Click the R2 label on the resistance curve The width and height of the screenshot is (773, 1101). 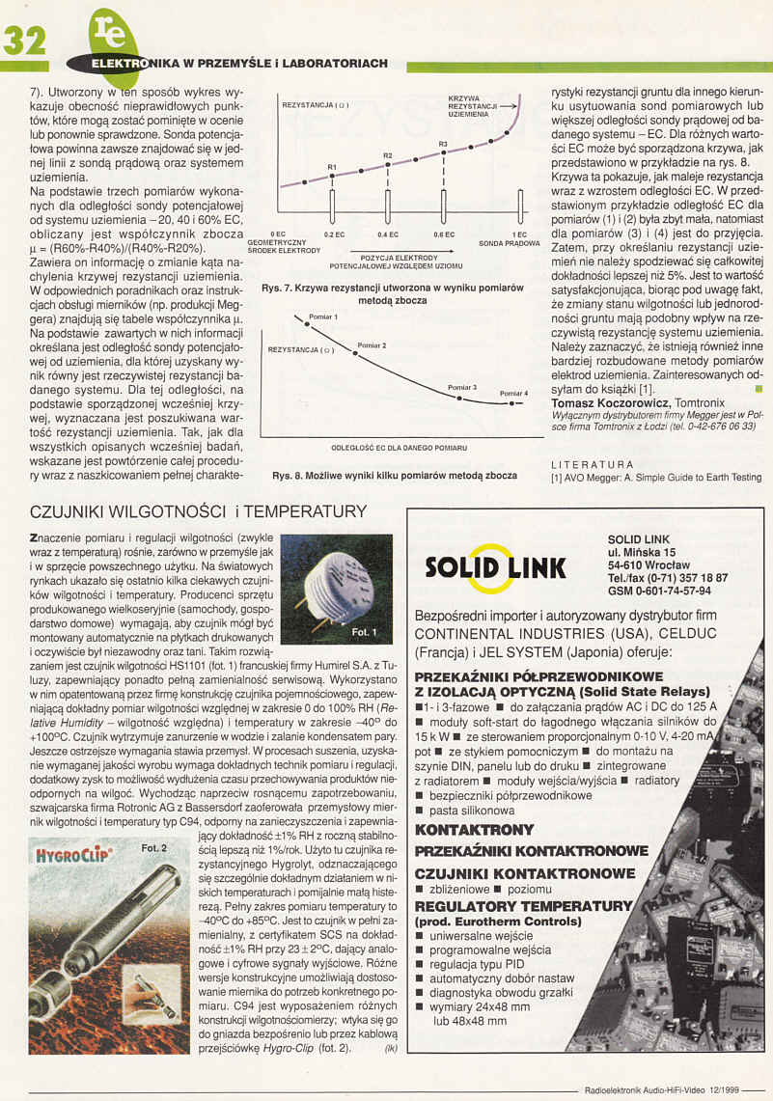click(388, 155)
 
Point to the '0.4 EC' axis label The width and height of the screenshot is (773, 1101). click(388, 234)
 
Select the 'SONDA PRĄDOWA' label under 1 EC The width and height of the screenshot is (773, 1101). click(509, 244)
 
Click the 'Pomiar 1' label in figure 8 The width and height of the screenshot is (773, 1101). click(322, 317)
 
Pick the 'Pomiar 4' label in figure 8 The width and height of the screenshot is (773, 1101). click(513, 393)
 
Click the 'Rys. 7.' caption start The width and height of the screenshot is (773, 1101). click(277, 289)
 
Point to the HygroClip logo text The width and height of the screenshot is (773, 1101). click(73, 854)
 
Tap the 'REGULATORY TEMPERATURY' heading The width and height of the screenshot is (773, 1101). click(521, 906)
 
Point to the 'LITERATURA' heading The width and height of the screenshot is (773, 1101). click(592, 464)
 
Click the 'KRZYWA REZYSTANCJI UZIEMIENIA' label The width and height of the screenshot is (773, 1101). click(472, 106)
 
